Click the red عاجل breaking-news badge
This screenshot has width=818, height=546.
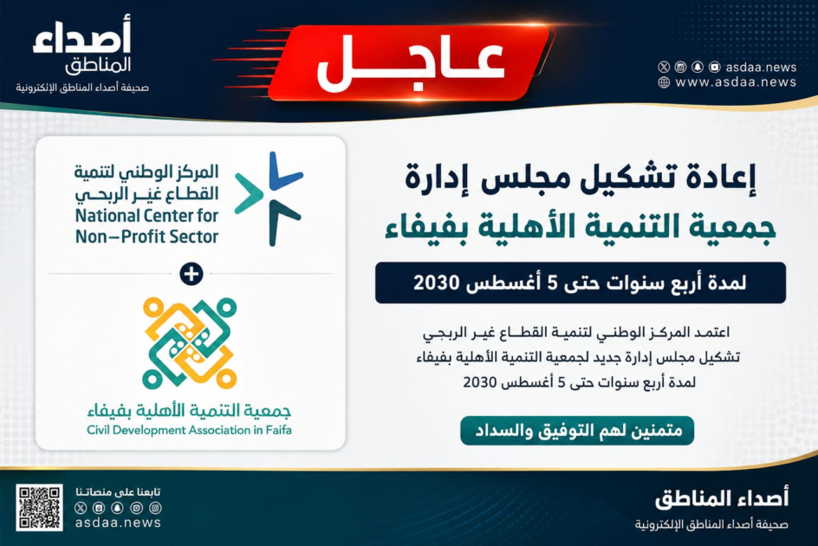pyautogui.click(x=411, y=62)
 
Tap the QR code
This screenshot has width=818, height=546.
pyautogui.click(x=39, y=507)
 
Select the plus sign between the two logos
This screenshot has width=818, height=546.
pyautogui.click(x=191, y=274)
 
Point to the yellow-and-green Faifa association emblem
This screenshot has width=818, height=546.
pyautogui.click(x=190, y=342)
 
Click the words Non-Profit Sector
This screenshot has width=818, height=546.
pyautogui.click(x=146, y=237)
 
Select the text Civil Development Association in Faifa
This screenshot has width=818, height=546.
pyautogui.click(x=190, y=430)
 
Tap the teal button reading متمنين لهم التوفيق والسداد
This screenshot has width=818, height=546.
pyautogui.click(x=577, y=431)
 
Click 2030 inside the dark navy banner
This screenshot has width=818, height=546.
pyautogui.click(x=437, y=283)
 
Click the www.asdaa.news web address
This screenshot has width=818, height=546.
pyautogui.click(x=736, y=82)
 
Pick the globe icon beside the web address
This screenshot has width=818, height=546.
pyautogui.click(x=664, y=82)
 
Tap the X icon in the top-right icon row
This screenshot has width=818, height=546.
pyautogui.click(x=664, y=67)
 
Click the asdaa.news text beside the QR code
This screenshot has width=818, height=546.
pyautogui.click(x=118, y=523)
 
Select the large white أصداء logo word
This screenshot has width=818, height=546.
pyautogui.click(x=82, y=35)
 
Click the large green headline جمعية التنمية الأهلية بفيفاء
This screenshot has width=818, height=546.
pyautogui.click(x=580, y=227)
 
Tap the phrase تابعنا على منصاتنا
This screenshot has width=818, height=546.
pyautogui.click(x=118, y=491)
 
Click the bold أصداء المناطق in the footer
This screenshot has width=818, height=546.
pyautogui.click(x=722, y=499)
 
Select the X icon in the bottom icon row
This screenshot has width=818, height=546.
pyautogui.click(x=81, y=507)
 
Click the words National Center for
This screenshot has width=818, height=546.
pyautogui.click(x=146, y=216)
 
